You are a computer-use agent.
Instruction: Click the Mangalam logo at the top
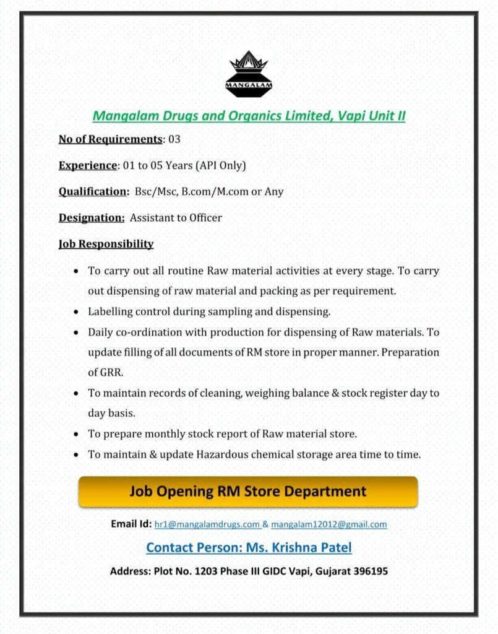click(x=249, y=74)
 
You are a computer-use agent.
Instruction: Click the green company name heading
click(x=249, y=116)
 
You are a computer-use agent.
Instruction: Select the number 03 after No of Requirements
click(x=174, y=139)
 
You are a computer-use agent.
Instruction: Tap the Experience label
click(x=88, y=165)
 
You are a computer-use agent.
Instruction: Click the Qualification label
click(x=93, y=191)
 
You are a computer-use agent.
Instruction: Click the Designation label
click(x=92, y=217)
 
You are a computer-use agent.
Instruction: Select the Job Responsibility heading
click(x=106, y=244)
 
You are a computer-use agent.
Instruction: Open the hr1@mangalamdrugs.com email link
click(x=207, y=524)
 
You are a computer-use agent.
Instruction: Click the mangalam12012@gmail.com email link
click(x=328, y=524)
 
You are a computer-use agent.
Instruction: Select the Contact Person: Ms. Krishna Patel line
click(x=249, y=548)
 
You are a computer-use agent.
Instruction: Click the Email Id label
click(x=131, y=524)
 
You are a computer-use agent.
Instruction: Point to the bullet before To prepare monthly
click(x=75, y=434)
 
